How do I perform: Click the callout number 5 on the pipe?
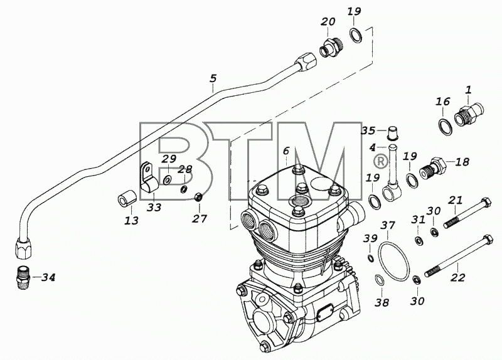213,78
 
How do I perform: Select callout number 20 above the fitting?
328,22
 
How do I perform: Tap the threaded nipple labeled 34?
23,278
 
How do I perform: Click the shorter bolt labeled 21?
467,213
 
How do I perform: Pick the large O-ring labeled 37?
393,262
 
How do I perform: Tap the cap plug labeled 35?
393,133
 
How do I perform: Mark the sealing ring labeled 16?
445,127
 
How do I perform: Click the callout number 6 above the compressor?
286,151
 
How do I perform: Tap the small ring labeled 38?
380,280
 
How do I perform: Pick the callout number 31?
419,220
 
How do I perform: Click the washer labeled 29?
167,180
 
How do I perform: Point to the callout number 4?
372,147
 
